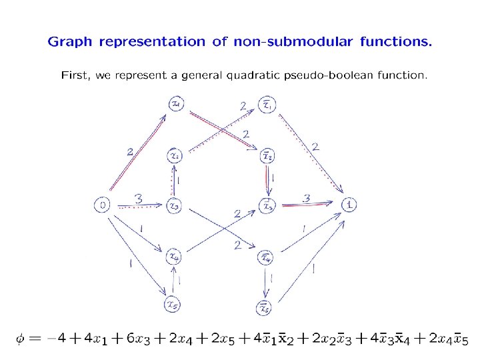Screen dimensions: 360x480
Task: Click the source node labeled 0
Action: coord(103,205)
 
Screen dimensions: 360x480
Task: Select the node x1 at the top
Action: coord(177,104)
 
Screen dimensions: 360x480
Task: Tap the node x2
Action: coord(175,155)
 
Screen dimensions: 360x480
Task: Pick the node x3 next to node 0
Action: coord(173,206)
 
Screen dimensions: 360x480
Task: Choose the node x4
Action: coord(173,255)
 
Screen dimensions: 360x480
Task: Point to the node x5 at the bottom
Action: coord(173,305)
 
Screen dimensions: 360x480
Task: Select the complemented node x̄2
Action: coord(267,155)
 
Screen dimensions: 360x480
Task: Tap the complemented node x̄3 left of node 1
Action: coord(267,206)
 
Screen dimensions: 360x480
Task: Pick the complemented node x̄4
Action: coord(266,257)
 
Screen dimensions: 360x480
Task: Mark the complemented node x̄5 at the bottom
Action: coord(265,307)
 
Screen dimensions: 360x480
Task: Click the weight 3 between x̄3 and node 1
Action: coord(307,198)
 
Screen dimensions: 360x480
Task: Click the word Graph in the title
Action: coord(70,42)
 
